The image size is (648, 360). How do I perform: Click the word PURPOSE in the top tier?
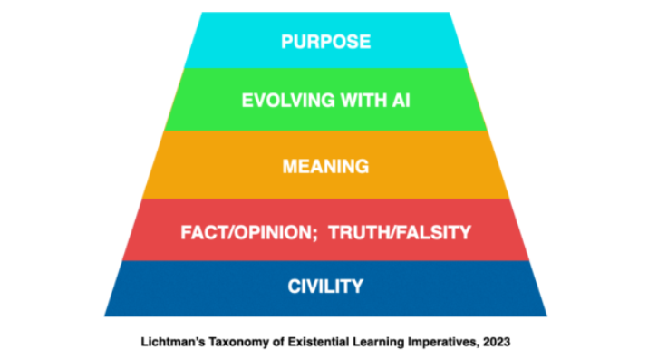tap(325, 43)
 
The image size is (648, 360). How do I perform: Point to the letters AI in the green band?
tap(401, 101)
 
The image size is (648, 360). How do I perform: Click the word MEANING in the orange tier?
tap(325, 167)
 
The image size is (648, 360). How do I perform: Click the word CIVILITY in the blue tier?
tap(325, 287)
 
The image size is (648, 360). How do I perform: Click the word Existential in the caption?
tap(312, 342)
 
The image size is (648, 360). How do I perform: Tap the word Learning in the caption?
tap(372, 342)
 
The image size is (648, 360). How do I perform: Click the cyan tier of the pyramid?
tap(227, 41)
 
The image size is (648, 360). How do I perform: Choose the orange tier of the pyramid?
tap(199, 166)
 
